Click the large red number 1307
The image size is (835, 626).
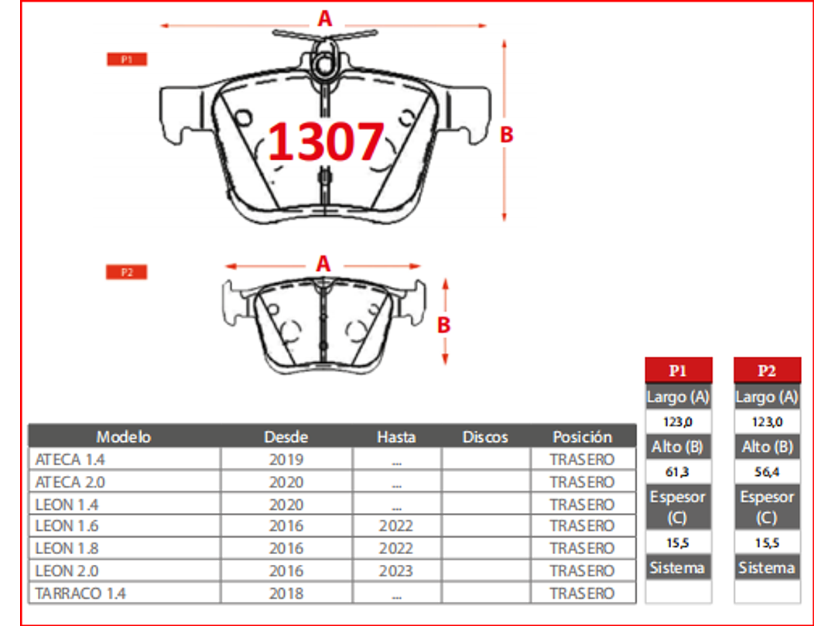pyautogui.click(x=326, y=142)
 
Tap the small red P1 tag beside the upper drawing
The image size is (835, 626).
pyautogui.click(x=127, y=60)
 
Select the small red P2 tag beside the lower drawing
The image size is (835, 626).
pyautogui.click(x=127, y=272)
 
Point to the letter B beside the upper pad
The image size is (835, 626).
pyautogui.click(x=506, y=135)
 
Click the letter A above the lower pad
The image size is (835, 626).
pyautogui.click(x=323, y=264)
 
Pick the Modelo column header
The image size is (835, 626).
pyautogui.click(x=124, y=436)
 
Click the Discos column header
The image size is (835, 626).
pyautogui.click(x=485, y=436)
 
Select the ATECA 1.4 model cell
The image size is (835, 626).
pyautogui.click(x=70, y=459)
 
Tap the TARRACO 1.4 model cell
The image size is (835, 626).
pyautogui.click(x=80, y=594)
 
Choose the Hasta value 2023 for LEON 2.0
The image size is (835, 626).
pyautogui.click(x=396, y=571)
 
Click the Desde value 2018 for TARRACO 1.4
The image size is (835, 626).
pyautogui.click(x=286, y=594)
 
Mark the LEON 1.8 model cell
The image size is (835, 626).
pyautogui.click(x=67, y=549)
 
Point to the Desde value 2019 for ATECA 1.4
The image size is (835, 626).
pyautogui.click(x=286, y=459)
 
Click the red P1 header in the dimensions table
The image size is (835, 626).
pyautogui.click(x=678, y=371)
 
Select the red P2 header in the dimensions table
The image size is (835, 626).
pyautogui.click(x=767, y=371)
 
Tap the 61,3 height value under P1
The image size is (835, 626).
pyautogui.click(x=678, y=471)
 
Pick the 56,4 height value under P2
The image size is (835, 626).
pyautogui.click(x=767, y=471)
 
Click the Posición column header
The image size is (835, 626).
pyautogui.click(x=582, y=436)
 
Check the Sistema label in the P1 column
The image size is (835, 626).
pyautogui.click(x=678, y=568)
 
